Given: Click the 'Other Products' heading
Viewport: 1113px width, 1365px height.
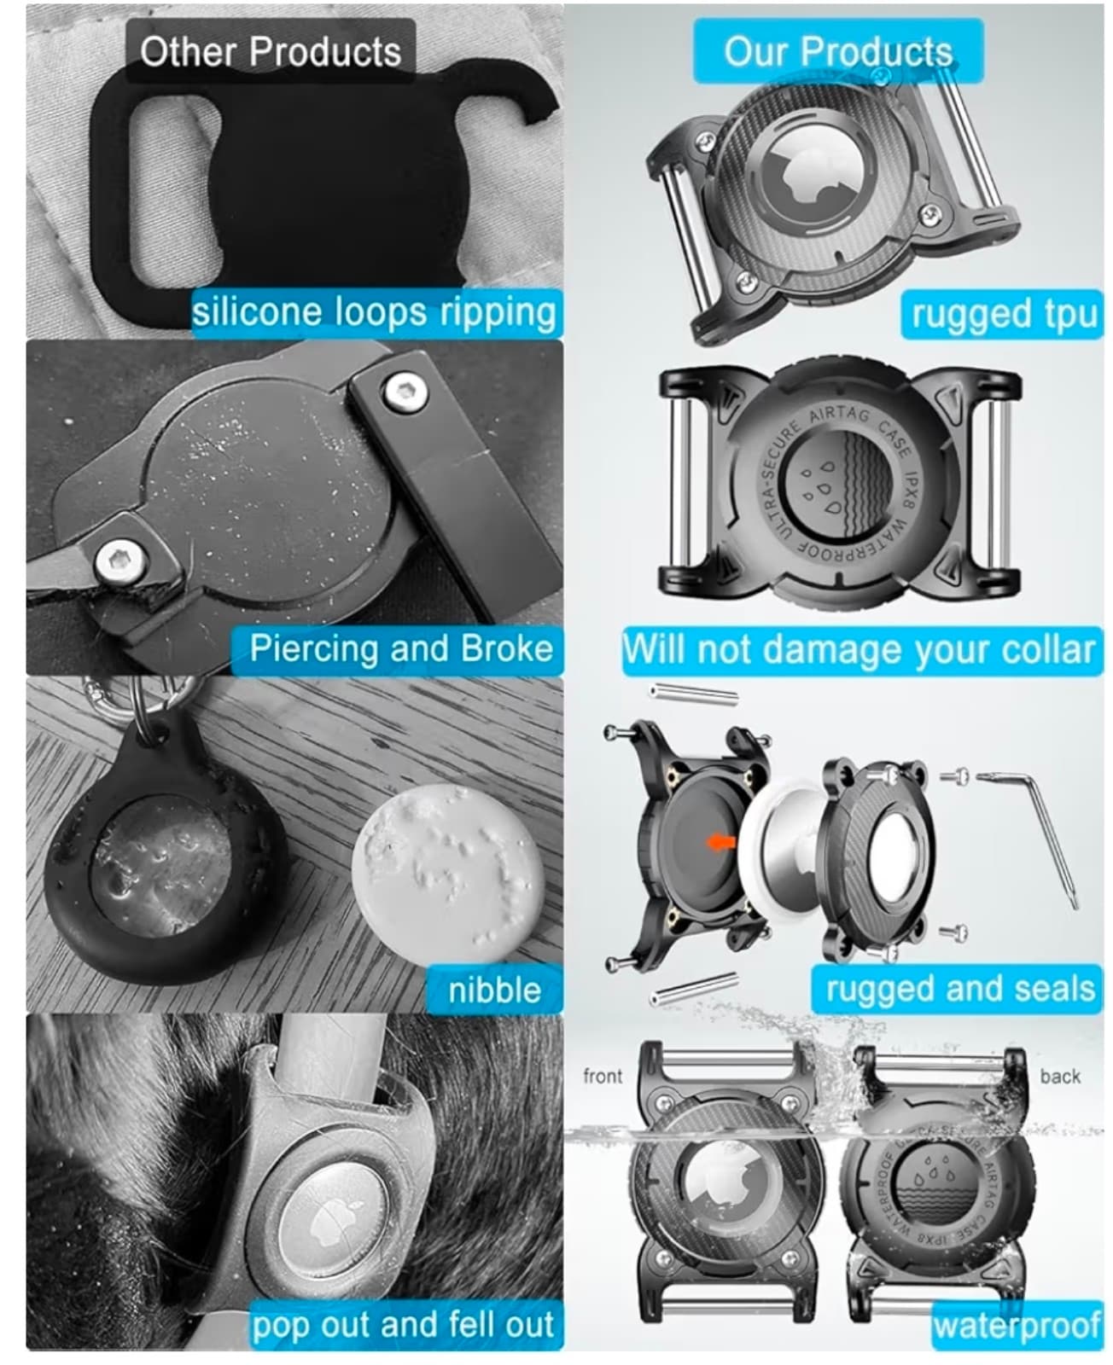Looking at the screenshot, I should [270, 51].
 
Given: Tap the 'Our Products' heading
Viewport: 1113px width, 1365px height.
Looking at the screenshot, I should [837, 51].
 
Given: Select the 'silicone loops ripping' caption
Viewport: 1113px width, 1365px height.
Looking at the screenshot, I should [374, 311].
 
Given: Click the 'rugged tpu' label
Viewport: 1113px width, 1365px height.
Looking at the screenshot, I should [1003, 314].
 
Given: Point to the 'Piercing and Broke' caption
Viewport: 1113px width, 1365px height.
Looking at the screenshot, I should [400, 649].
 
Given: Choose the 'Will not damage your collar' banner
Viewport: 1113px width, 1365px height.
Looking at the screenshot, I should [859, 650].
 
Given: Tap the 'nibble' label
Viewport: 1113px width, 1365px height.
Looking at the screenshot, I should [494, 990].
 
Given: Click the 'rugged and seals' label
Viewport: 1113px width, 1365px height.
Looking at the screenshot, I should [959, 989].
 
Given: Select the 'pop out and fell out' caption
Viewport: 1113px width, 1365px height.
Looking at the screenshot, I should [403, 1325].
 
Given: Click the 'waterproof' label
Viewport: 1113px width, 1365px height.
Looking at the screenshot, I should [1017, 1325].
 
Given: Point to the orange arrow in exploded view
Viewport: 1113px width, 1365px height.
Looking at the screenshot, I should [722, 842].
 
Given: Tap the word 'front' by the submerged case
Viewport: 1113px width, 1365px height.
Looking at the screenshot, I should [603, 1077].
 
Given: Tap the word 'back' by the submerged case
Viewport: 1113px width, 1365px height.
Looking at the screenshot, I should [1060, 1077].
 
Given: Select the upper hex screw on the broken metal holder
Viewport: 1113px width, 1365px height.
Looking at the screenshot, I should [404, 392].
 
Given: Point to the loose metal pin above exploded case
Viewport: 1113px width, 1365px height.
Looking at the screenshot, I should [693, 692].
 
